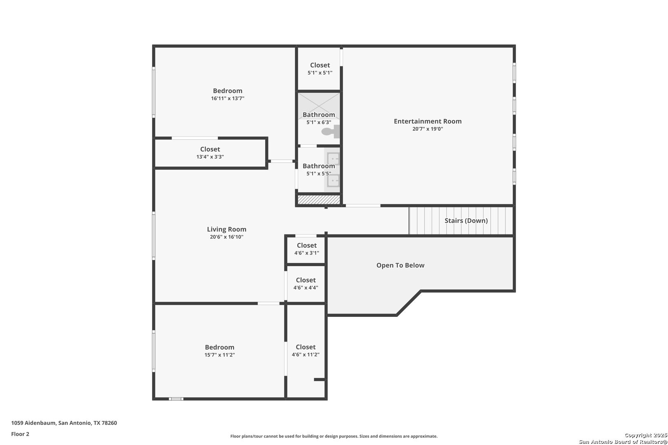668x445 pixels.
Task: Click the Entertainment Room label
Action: tap(428, 121)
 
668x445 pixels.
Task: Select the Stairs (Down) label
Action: tap(466, 220)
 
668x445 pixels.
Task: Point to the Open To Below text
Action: tap(400, 265)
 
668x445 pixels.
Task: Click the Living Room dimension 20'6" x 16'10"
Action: tap(227, 237)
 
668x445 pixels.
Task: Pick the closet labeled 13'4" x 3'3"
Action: tap(210, 153)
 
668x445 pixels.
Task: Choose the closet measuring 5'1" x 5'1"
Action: tap(320, 68)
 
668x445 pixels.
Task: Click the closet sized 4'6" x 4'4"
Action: tap(306, 284)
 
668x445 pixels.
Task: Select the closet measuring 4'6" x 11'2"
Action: tap(306, 351)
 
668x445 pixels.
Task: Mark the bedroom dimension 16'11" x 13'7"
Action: tap(228, 98)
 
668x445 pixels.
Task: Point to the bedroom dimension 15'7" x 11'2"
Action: tap(219, 355)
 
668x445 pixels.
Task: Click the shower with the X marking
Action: tap(319, 106)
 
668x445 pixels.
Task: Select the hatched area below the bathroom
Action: tap(319, 200)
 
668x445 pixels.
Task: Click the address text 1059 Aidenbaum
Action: tap(33, 423)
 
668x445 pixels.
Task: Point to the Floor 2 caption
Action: tap(20, 434)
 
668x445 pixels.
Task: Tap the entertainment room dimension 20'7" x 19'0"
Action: tap(428, 129)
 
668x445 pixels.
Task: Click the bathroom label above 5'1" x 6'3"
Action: tap(319, 115)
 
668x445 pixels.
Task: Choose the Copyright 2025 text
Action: tap(646, 435)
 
